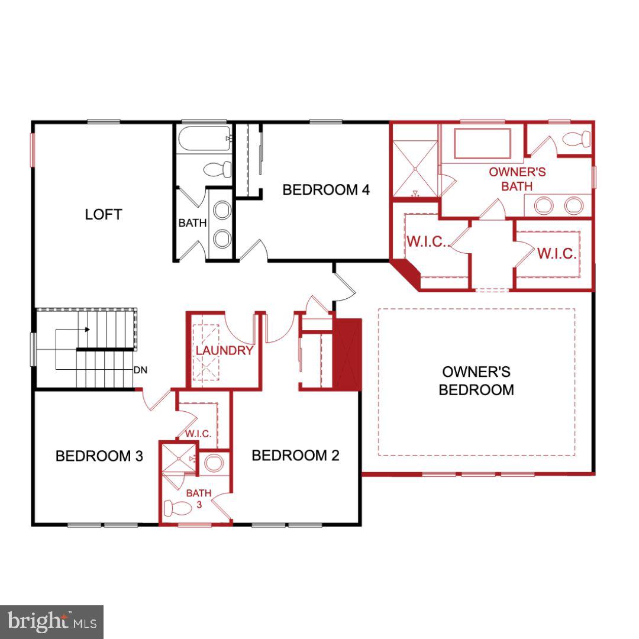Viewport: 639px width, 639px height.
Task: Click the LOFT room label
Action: [104, 214]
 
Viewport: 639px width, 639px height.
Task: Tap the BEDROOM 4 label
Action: [326, 190]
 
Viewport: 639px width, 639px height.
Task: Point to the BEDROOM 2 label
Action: [295, 456]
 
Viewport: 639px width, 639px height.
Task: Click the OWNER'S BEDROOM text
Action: [476, 380]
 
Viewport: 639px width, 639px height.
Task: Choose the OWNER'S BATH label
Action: [517, 179]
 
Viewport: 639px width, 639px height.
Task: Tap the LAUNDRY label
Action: [224, 350]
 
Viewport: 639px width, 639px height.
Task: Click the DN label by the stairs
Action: [140, 370]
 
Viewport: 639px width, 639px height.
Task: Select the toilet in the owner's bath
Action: [576, 139]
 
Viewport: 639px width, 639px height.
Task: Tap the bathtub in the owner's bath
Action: [482, 143]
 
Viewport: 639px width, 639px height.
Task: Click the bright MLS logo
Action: [51, 622]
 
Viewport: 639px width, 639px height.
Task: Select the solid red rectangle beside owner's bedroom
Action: [347, 354]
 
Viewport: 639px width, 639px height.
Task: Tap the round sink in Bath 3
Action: [214, 463]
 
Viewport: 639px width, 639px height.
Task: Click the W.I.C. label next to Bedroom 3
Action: [198, 434]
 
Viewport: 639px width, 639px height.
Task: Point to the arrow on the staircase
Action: [87, 330]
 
